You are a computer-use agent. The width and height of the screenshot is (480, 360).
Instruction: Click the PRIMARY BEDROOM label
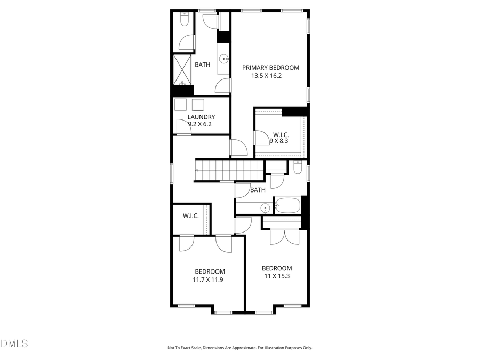pyautogui.click(x=270, y=68)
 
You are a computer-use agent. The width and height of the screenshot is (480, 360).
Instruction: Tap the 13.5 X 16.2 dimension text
pyautogui.click(x=266, y=76)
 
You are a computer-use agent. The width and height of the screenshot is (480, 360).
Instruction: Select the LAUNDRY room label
pyautogui.click(x=201, y=117)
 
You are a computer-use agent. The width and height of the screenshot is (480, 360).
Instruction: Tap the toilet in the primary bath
pyautogui.click(x=183, y=20)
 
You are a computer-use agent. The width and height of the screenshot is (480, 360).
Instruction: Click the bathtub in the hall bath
pyautogui.click(x=287, y=205)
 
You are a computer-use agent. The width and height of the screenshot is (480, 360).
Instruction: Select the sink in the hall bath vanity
pyautogui.click(x=265, y=207)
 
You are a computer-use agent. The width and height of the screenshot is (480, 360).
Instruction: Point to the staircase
pyautogui.click(x=229, y=170)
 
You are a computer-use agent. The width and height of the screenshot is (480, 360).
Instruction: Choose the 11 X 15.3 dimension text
pyautogui.click(x=276, y=276)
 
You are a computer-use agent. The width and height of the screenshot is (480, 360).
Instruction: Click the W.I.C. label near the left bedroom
pyautogui.click(x=190, y=216)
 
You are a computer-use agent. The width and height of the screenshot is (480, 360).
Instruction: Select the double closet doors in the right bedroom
pyautogui.click(x=281, y=236)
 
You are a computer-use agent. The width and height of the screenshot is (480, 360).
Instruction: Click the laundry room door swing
pyautogui.click(x=183, y=127)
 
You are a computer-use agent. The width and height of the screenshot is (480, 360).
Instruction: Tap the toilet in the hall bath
pyautogui.click(x=298, y=168)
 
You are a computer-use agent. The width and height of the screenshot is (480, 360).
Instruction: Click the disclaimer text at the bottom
pyautogui.click(x=239, y=348)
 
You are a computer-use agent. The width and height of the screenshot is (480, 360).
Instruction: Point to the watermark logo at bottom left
pyautogui.click(x=14, y=343)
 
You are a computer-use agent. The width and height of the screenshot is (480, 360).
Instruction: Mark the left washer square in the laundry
pyautogui.click(x=181, y=105)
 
